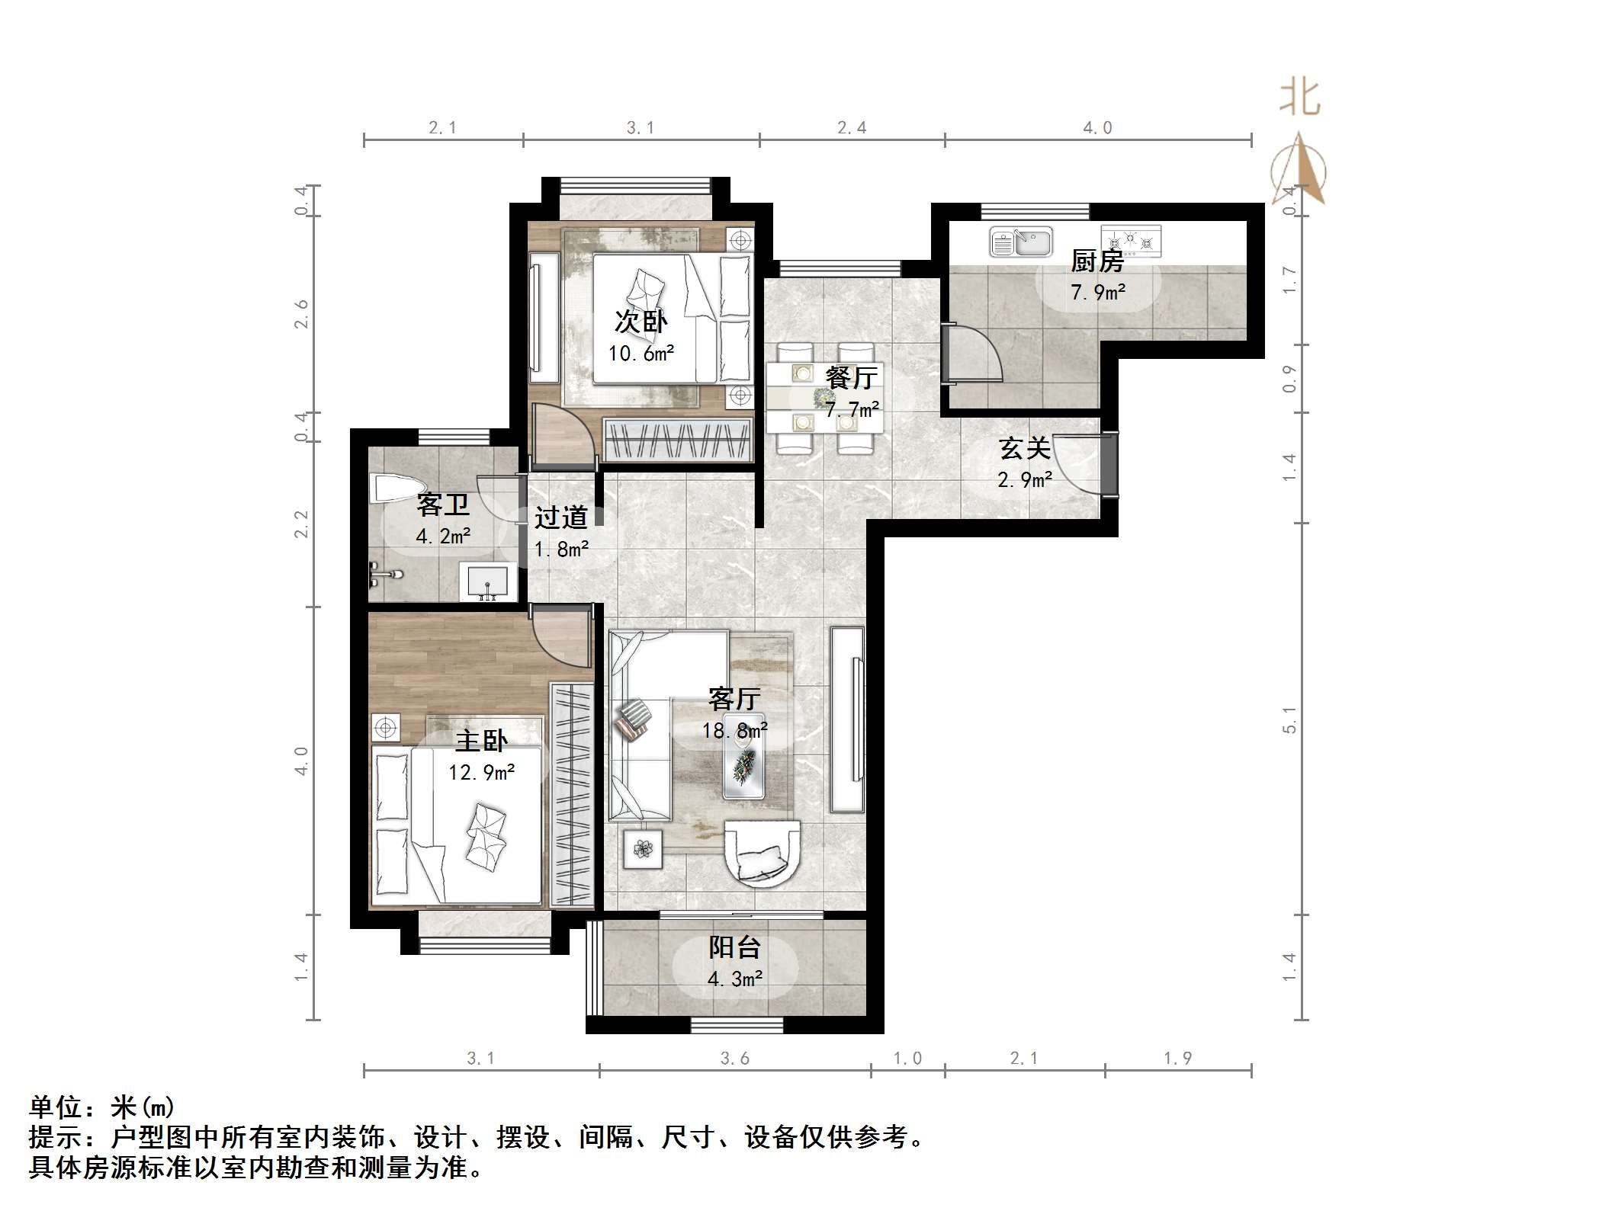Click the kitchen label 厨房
click(1097, 261)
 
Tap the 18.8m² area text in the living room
click(734, 731)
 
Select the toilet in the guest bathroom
click(396, 489)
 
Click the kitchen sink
click(1020, 242)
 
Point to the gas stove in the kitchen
click(1131, 241)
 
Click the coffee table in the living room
click(743, 756)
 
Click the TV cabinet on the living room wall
click(847, 719)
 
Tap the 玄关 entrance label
click(1025, 448)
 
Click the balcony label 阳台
click(734, 947)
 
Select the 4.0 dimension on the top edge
click(1097, 128)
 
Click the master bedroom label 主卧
click(481, 741)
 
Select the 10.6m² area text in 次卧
click(641, 354)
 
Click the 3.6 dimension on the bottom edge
click(734, 1058)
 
